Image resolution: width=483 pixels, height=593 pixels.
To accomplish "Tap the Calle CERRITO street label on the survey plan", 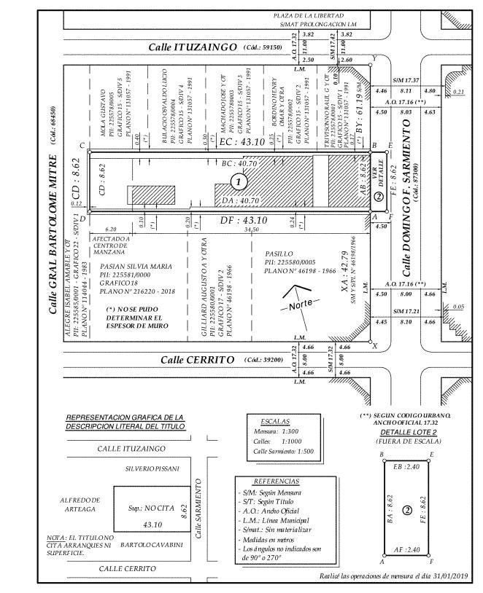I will [193, 359].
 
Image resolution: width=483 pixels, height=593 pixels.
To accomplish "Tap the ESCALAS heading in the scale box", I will [276, 422].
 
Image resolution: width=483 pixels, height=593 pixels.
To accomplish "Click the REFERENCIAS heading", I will [275, 482].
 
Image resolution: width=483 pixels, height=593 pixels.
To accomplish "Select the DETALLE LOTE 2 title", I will [408, 432].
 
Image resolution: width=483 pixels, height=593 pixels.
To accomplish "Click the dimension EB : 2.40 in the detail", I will [408, 465].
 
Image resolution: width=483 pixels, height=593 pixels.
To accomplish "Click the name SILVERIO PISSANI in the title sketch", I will [152, 468].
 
